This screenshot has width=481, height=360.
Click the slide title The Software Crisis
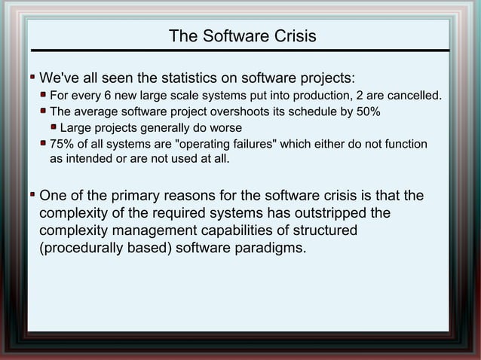(x=242, y=36)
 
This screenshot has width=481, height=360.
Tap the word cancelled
(x=414, y=96)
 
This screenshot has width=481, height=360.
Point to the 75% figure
(x=61, y=144)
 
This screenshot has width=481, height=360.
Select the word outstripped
(x=342, y=213)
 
